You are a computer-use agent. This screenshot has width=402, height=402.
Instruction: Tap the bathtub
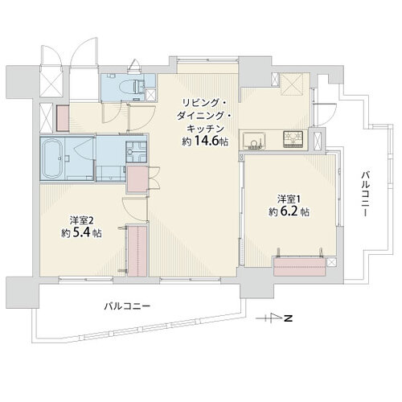coord(53,159)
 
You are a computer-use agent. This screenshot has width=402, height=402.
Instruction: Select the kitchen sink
coord(254,141)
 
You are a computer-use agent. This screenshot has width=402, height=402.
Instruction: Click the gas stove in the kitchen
coord(293,138)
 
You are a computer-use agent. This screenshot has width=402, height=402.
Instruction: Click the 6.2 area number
coord(289,211)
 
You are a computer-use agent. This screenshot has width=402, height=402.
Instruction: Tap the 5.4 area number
coord(81,233)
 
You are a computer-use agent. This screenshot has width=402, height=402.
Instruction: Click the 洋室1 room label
coord(289,199)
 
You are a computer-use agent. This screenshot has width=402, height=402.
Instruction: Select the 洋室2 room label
coord(82,220)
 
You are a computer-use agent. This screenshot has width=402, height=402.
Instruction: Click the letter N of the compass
coord(289,319)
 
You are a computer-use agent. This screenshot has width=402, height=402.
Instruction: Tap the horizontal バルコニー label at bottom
coord(127,306)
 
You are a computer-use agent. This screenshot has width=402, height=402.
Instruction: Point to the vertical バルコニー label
coord(365,195)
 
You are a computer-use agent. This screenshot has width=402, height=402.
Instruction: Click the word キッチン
coord(205,129)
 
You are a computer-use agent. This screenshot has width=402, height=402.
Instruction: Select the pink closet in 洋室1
coord(299,266)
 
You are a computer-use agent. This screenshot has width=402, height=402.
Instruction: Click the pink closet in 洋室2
coord(137,252)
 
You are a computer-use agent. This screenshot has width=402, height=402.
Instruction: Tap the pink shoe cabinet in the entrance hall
coord(63,118)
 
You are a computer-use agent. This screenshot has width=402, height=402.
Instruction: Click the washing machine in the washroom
coord(137,152)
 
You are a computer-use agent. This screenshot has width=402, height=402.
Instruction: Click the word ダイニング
coord(204,116)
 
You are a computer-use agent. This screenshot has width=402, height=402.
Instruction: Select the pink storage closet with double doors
coord(137,179)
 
